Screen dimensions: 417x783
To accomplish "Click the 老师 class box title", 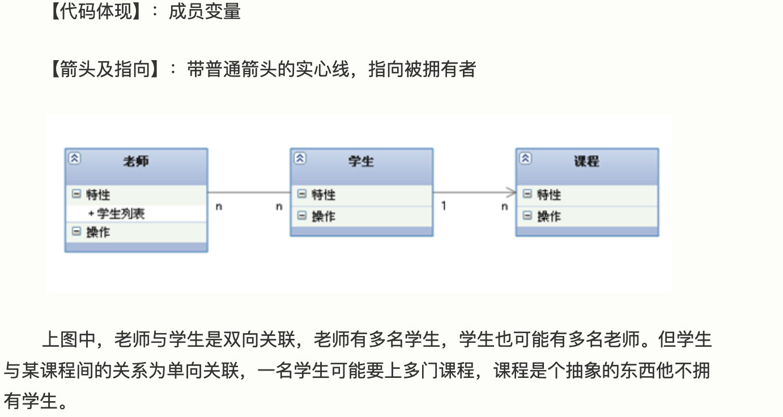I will pyautogui.click(x=136, y=161).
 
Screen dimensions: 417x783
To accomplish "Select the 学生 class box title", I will pyautogui.click(x=361, y=161).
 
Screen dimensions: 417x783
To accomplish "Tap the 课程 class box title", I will pyautogui.click(x=586, y=161).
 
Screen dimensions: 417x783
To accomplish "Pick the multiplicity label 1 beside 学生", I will pyautogui.click(x=444, y=206).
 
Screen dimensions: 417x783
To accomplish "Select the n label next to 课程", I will pyautogui.click(x=504, y=207).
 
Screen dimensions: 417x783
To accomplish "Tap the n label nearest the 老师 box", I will pyautogui.click(x=219, y=207).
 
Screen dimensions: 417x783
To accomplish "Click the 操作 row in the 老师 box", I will pyautogui.click(x=98, y=232).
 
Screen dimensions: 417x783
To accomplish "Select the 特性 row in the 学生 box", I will pyautogui.click(x=324, y=195).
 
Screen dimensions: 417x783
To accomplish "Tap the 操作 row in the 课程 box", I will pyautogui.click(x=549, y=216).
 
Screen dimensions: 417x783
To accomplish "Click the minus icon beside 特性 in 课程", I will pyautogui.click(x=527, y=194).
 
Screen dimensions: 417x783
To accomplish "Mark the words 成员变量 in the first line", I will pyautogui.click(x=205, y=12).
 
